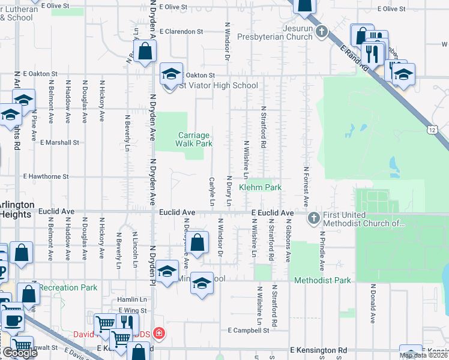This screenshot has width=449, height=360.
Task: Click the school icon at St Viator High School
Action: coord(171,75)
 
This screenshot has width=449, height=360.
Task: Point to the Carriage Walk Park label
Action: coord(194,140)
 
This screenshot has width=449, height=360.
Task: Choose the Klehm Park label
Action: coord(261,188)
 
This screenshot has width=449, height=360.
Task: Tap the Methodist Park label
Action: coord(322,280)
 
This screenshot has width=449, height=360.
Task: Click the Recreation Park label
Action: coord(68,287)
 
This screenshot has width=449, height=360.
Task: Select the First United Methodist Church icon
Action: coord(313,218)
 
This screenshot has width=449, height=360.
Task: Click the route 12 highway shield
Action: coord(433,129)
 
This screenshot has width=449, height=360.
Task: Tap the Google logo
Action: coord(19,353)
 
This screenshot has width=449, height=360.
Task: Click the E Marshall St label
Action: coord(59,143)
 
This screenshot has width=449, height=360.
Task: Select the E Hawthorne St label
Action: coord(55,177)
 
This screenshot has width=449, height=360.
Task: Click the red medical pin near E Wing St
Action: coord(158,333)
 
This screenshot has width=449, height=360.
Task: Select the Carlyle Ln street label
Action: coord(211,191)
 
